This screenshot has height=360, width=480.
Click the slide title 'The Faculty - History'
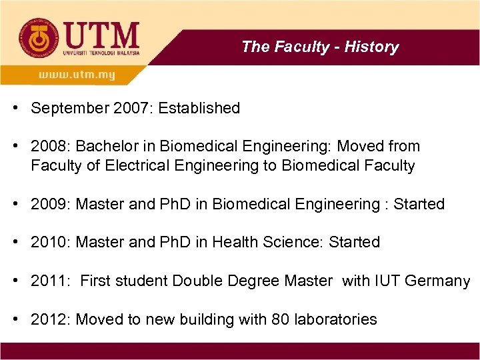point(320,47)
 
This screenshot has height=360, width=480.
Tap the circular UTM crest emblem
point(38,39)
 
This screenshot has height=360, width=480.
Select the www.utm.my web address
point(77,75)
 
